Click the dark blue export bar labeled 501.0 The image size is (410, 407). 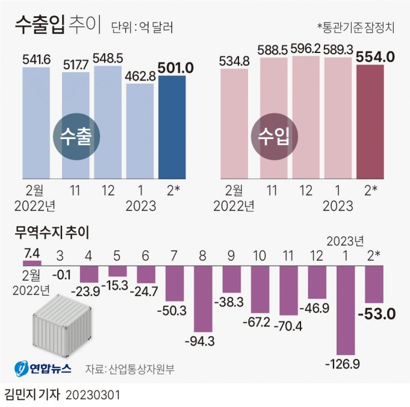click(172, 126)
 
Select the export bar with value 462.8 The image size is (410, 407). click(140, 131)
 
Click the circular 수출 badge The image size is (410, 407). click(76, 137)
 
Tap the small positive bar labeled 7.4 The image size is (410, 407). click(31, 263)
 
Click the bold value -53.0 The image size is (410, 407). click(374, 314)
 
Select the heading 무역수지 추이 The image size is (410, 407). click(51, 232)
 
